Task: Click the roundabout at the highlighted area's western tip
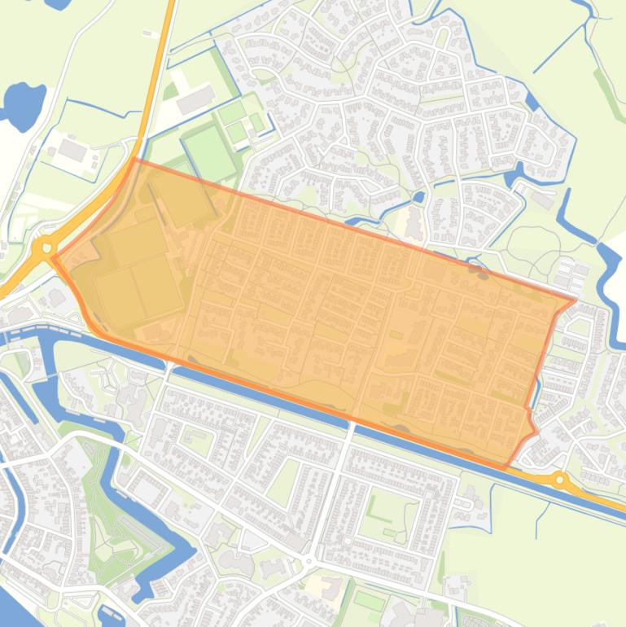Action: [46, 246]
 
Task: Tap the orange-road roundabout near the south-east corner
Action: [559, 480]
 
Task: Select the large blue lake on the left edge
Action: [23, 104]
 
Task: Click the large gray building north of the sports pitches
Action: [195, 100]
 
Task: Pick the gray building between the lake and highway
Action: [72, 150]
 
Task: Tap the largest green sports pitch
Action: [209, 152]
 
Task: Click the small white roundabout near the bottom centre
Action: [309, 561]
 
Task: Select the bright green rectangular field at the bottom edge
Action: [369, 602]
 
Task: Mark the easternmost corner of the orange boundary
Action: [576, 300]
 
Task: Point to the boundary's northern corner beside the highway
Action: [134, 160]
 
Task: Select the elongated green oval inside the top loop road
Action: [442, 37]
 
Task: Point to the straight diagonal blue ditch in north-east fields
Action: [561, 48]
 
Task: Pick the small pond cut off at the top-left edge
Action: [58, 3]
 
